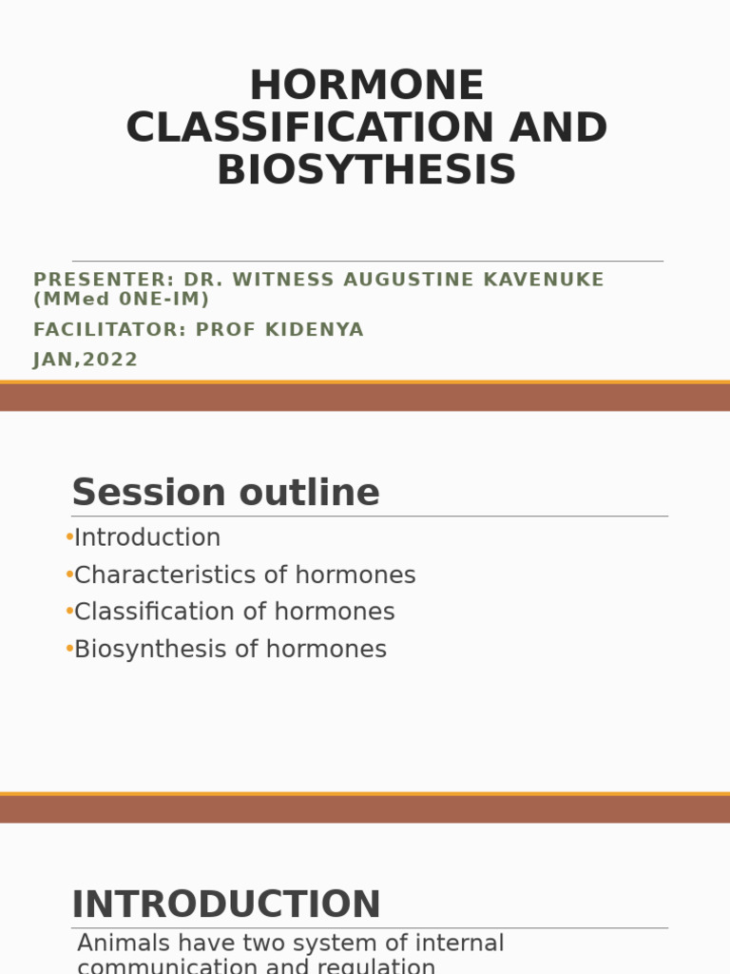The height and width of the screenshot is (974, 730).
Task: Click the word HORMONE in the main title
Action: point(366,87)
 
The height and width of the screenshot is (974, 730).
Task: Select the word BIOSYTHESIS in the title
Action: point(366,170)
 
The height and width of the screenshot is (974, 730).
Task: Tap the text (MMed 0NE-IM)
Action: point(122,299)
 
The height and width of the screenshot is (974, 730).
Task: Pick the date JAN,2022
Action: point(86,360)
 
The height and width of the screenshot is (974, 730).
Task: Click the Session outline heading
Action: point(225,493)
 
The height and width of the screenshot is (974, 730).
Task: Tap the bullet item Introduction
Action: point(147,537)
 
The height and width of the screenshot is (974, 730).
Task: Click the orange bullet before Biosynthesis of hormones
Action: point(69,650)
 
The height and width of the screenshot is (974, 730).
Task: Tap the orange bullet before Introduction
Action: point(69,537)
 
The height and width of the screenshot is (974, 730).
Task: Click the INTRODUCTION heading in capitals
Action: point(226,905)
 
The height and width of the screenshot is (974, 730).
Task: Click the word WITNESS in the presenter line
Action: point(275,280)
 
